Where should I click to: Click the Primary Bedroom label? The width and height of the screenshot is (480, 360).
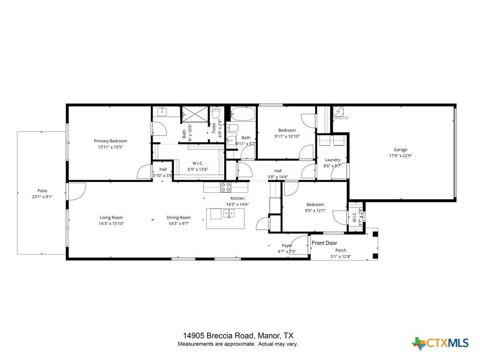point(110,141)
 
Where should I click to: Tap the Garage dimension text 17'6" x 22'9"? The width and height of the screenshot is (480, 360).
point(400,156)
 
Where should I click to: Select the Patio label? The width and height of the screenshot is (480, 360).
point(42,191)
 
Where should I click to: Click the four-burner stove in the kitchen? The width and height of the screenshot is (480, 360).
point(226,187)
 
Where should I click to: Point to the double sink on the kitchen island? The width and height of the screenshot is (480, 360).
point(229,214)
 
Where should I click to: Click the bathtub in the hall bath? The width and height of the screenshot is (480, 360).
point(243,114)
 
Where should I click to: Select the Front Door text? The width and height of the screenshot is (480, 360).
point(324,243)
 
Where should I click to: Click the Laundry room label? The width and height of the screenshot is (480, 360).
point(332,160)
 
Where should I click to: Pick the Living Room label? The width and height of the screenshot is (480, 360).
point(111,217)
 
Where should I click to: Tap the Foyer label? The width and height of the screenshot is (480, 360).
point(287,246)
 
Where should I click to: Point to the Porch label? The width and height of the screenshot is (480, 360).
point(341,250)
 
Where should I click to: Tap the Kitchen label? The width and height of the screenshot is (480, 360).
point(237,198)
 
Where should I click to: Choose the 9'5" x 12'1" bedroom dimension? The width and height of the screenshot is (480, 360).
point(315,210)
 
